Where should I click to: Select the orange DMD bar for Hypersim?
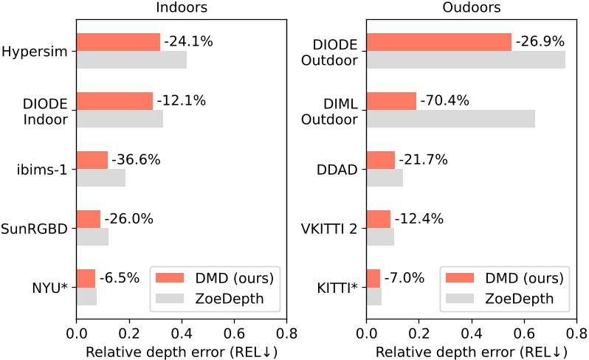[118, 42]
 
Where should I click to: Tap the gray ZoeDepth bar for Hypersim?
[131, 60]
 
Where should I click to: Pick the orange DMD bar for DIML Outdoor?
[391, 100]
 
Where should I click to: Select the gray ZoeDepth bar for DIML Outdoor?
[450, 118]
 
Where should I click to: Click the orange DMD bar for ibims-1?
[92, 160]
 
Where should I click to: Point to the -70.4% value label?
[444, 100]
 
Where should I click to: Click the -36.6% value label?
[136, 159]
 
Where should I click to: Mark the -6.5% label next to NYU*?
[120, 278]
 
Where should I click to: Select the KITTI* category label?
[339, 287]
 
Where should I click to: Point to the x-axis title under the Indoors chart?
[182, 351]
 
